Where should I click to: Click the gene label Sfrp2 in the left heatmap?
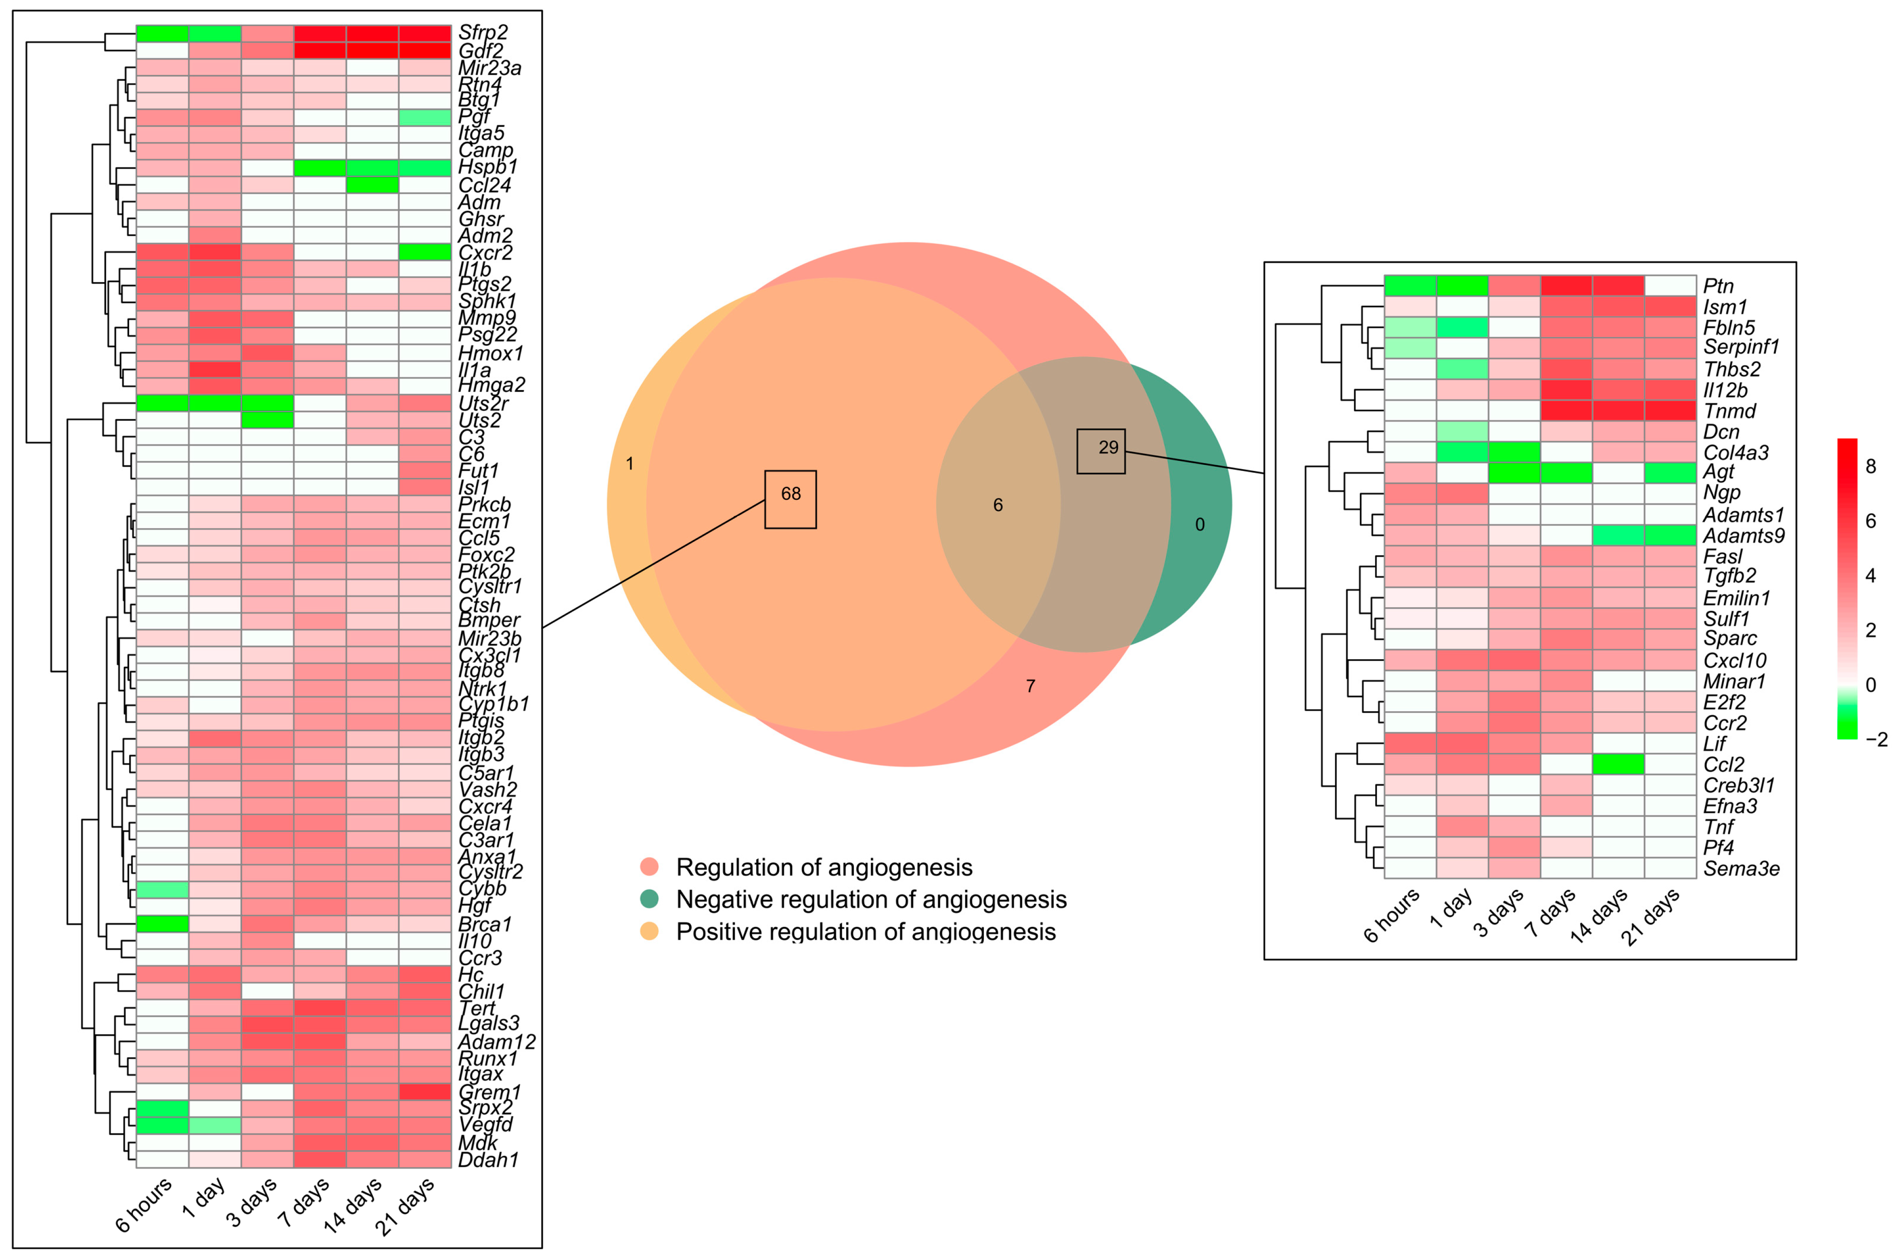482,33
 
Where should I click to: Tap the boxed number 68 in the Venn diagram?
790,494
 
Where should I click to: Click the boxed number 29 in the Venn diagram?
1108,448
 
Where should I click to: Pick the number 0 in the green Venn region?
1199,525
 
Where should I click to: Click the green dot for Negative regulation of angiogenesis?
649,899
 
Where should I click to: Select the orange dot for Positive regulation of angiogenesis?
649,931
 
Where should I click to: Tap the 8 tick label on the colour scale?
1870,467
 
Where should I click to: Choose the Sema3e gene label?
1741,868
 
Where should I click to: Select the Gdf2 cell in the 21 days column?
425,51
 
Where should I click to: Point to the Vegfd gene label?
485,1126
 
